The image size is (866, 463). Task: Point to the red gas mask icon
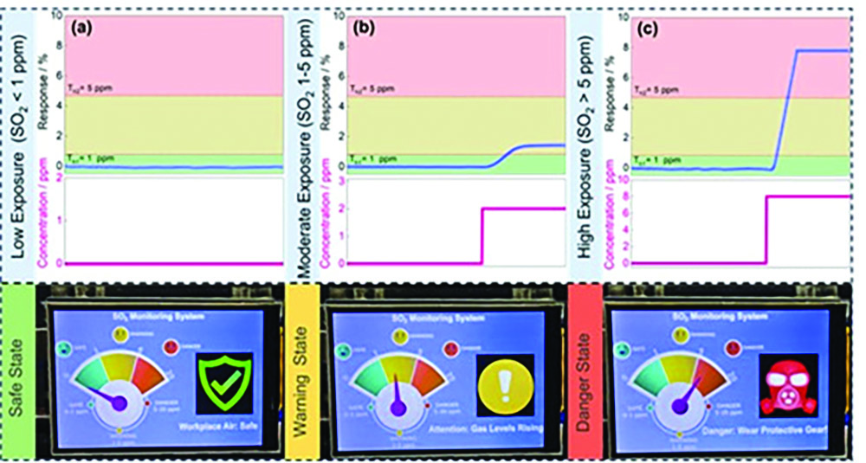pos(788,383)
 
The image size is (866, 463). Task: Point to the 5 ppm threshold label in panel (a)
pos(87,88)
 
